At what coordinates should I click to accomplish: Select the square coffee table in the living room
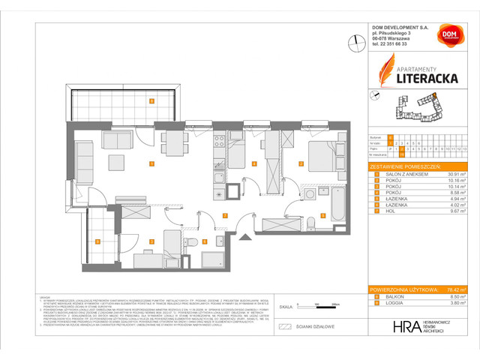[116, 163]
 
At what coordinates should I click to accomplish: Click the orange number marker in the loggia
[98, 241]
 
